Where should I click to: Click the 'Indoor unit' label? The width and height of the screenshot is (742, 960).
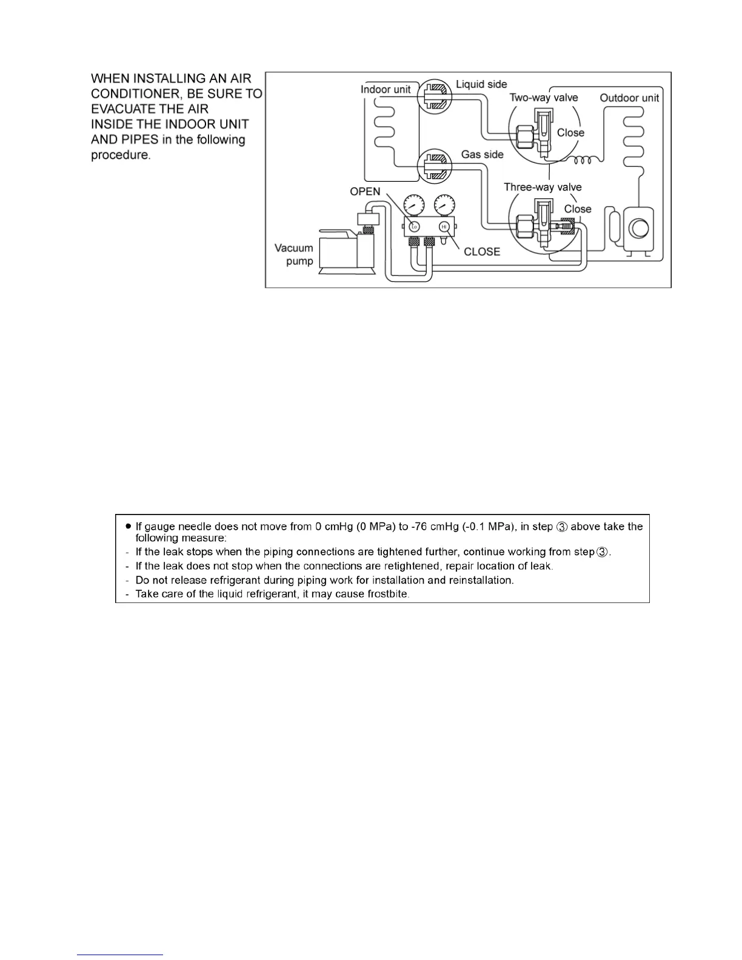pos(386,90)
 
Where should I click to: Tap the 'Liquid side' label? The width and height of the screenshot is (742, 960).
pos(481,84)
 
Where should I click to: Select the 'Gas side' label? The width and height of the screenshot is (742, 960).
pos(482,155)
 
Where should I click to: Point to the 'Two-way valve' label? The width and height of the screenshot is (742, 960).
pos(543,98)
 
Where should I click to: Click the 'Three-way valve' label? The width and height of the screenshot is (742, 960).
pos(543,187)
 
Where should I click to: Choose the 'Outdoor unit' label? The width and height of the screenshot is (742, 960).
pos(629,98)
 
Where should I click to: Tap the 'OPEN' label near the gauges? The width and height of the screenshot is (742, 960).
pos(365,192)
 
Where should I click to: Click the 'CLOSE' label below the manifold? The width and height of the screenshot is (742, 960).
pos(482,252)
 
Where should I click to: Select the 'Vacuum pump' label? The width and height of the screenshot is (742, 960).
pos(295,255)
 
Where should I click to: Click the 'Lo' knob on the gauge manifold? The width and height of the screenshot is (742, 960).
pos(414,227)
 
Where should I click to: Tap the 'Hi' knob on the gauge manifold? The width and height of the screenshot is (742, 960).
pos(444,227)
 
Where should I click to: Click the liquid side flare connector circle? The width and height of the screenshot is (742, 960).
pos(435,96)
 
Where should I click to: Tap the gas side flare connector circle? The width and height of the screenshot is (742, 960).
pos(435,164)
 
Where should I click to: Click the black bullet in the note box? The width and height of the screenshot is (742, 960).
pos(128,526)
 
